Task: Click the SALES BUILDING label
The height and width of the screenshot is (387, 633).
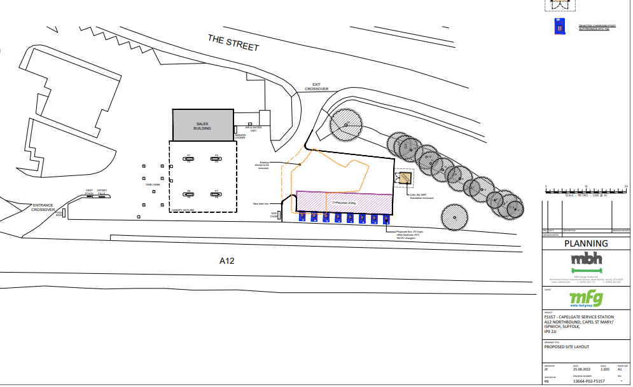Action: point(202,126)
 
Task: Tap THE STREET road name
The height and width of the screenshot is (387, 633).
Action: point(233,43)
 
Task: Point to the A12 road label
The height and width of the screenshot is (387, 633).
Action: point(227,261)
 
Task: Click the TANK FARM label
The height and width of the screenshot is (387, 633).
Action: point(152,184)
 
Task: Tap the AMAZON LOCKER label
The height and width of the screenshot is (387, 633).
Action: point(240,136)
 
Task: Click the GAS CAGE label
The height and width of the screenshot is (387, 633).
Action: point(274,215)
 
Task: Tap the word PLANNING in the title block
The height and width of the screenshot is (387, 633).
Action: point(586,243)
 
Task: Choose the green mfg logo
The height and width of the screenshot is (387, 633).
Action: point(586,298)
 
